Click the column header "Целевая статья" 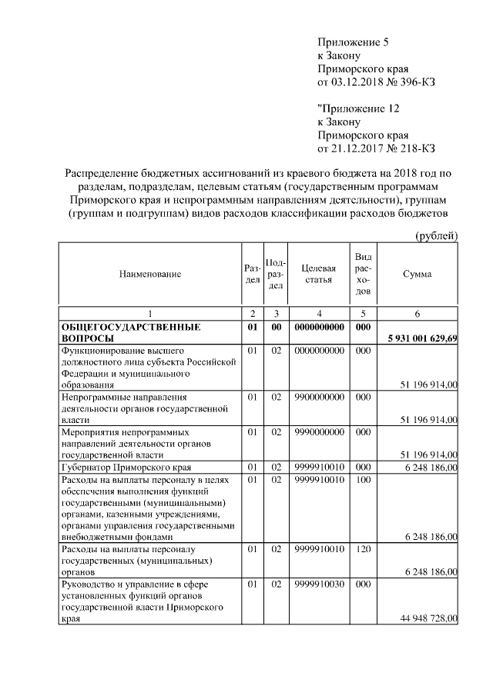pos(317,275)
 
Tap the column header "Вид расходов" pos(364,275)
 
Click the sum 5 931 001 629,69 pos(421,338)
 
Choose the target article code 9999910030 pos(317,584)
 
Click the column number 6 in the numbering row pos(417,313)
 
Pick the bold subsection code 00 pos(276,328)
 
